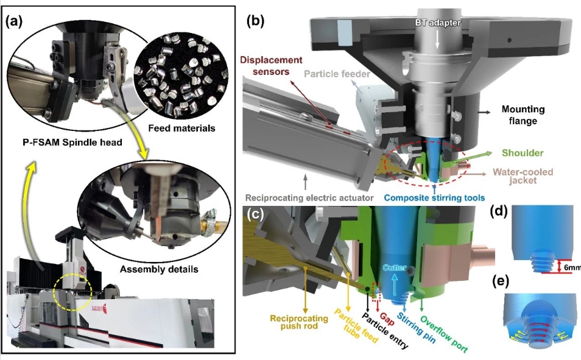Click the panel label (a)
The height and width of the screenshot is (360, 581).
[15, 23]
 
